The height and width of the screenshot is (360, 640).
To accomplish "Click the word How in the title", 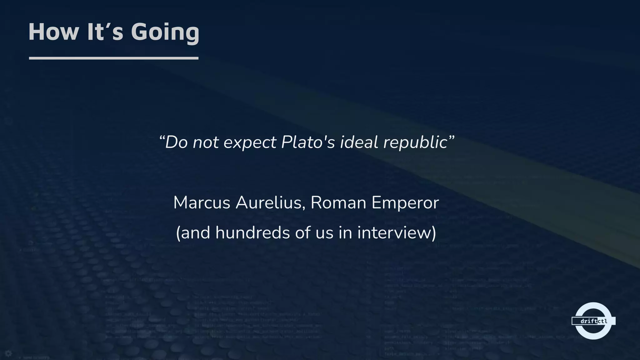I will pos(53,32).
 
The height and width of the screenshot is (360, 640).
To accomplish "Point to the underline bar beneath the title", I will pos(114,58).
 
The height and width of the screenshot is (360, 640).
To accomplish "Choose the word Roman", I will pos(338,202).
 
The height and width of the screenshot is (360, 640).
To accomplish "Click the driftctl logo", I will pos(593,321).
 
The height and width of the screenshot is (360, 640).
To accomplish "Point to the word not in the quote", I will pos(206,142).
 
